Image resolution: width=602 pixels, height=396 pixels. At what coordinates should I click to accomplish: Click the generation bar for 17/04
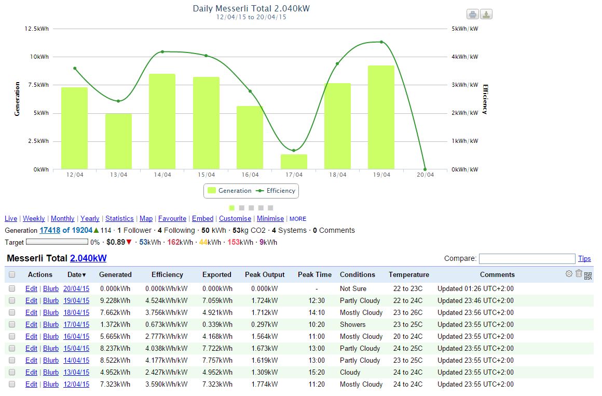click(x=294, y=162)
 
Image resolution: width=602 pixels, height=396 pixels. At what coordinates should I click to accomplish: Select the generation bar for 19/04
click(x=381, y=117)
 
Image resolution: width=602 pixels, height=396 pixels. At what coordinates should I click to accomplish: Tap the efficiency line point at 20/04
click(x=425, y=169)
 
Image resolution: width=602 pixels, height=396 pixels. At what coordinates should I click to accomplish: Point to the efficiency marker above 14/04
click(x=162, y=51)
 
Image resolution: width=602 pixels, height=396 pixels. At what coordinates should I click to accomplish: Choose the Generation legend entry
click(x=229, y=191)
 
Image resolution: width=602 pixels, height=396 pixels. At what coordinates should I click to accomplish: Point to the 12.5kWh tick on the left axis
click(x=37, y=29)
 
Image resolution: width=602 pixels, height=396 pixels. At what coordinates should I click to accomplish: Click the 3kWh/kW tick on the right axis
click(x=464, y=85)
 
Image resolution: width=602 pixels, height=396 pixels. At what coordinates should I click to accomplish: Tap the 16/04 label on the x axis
click(x=250, y=175)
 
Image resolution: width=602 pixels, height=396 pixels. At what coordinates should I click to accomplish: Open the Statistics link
click(x=119, y=219)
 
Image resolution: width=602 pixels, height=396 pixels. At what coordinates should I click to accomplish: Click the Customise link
click(x=235, y=219)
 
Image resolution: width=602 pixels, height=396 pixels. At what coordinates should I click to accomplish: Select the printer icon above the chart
click(x=473, y=14)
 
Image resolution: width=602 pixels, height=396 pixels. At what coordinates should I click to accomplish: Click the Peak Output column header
click(x=265, y=274)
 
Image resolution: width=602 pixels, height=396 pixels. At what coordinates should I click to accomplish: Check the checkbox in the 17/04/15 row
click(x=12, y=324)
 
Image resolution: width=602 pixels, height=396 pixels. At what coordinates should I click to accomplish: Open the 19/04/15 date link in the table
click(x=76, y=300)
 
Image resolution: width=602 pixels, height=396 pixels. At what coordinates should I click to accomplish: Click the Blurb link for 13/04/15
click(x=51, y=372)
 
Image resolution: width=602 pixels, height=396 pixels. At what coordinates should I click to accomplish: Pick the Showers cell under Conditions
click(x=352, y=324)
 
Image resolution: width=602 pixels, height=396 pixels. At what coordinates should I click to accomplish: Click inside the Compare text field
click(x=527, y=258)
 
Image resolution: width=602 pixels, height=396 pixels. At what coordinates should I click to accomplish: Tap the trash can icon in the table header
click(x=579, y=273)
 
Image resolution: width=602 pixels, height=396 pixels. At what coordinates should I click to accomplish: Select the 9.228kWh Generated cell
click(x=115, y=300)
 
